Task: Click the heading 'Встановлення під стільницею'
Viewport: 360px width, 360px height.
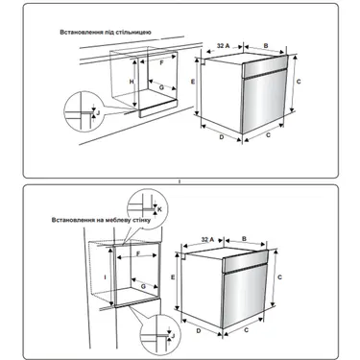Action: click(x=106, y=33)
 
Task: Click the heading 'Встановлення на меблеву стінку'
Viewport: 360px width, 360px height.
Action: click(x=101, y=220)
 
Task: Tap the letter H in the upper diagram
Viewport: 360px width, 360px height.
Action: click(x=132, y=82)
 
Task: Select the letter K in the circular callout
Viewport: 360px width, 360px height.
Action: click(x=160, y=209)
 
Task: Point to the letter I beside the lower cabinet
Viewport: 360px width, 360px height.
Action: click(x=105, y=277)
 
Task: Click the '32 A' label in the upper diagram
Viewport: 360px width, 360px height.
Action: click(x=224, y=46)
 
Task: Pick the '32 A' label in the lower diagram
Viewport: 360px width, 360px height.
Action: click(x=207, y=239)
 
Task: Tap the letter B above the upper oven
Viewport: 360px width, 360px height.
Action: click(x=266, y=46)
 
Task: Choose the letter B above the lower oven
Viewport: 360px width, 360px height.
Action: click(x=244, y=239)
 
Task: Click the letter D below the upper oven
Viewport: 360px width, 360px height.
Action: click(x=222, y=137)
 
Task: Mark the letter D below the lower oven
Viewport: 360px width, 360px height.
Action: click(x=199, y=330)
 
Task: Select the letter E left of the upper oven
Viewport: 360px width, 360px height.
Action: click(x=193, y=82)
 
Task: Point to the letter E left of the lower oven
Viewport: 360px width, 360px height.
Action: click(x=173, y=277)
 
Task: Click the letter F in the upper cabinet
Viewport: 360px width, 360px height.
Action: click(x=161, y=63)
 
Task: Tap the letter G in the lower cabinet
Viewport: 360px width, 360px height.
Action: click(x=143, y=286)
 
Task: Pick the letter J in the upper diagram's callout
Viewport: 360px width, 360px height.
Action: click(x=98, y=112)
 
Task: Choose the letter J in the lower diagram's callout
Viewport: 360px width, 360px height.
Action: click(x=173, y=335)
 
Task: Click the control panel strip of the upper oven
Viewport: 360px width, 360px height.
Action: click(x=264, y=66)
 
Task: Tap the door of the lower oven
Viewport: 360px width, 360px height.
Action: click(x=244, y=296)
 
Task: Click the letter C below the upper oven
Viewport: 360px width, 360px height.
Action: click(x=268, y=135)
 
